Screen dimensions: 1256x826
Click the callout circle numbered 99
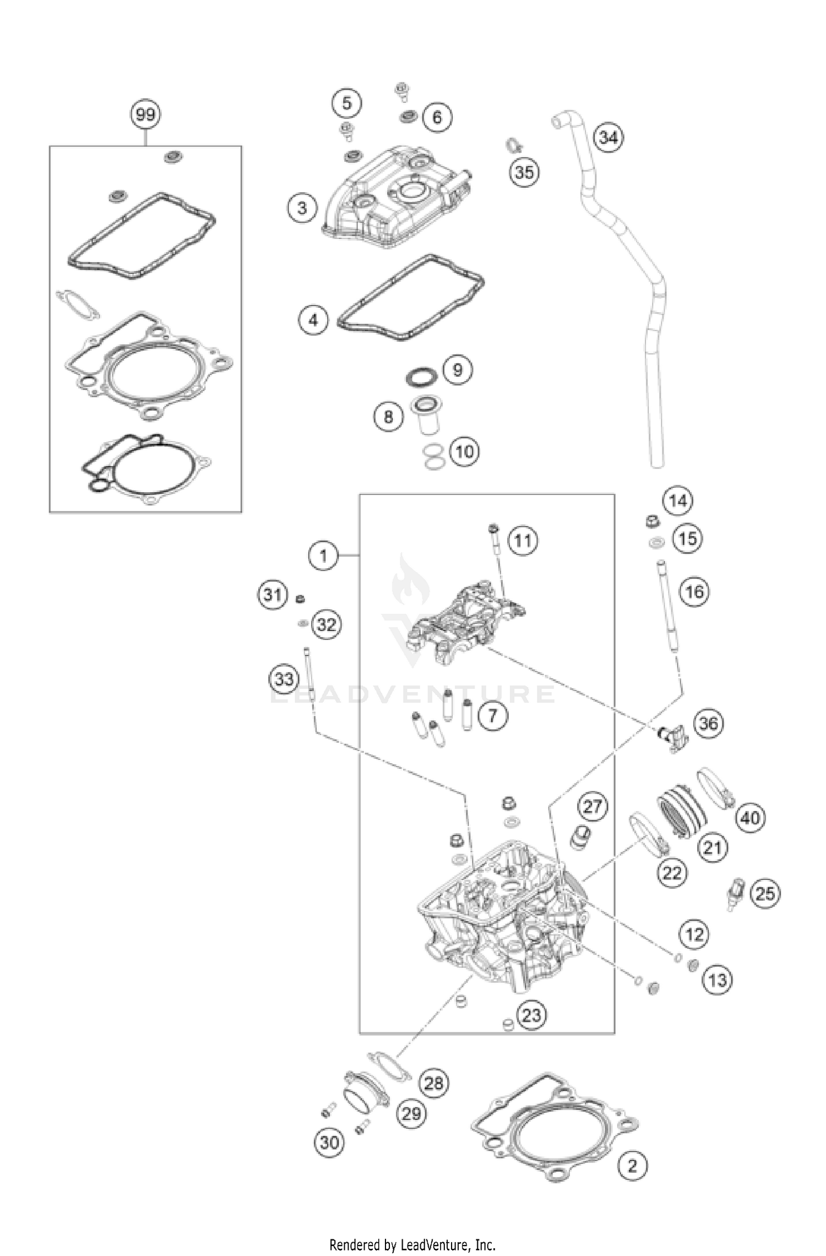pyautogui.click(x=145, y=115)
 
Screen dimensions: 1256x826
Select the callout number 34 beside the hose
pyautogui.click(x=608, y=137)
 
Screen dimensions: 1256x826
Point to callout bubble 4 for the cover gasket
pyautogui.click(x=313, y=320)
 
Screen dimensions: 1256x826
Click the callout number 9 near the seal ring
pyautogui.click(x=458, y=369)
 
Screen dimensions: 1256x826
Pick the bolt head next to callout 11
pyautogui.click(x=493, y=529)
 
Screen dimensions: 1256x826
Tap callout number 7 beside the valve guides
pyautogui.click(x=492, y=716)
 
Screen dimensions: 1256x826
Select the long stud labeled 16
pyautogui.click(x=667, y=606)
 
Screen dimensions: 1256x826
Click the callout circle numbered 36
pyautogui.click(x=708, y=723)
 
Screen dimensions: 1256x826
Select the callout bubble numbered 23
pyautogui.click(x=531, y=1015)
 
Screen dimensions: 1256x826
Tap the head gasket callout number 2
pyautogui.click(x=632, y=1166)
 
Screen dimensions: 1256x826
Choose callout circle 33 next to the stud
pyautogui.click(x=284, y=679)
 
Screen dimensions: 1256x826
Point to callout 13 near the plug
pyautogui.click(x=718, y=980)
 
